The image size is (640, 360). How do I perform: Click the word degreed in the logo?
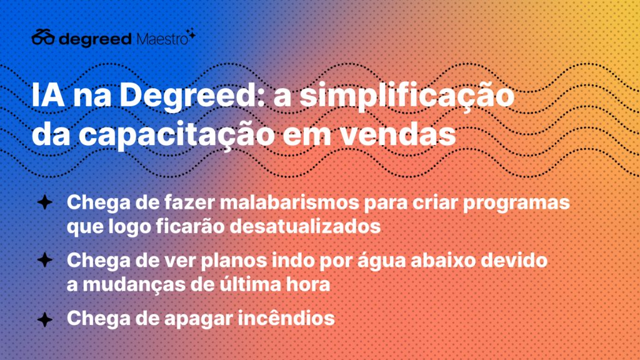coord(95,39)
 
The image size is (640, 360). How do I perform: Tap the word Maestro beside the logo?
coord(162,39)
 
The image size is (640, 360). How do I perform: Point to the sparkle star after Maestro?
coord(191,34)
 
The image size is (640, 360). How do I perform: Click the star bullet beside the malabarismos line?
coord(45,202)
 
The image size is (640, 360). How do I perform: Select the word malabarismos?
coord(289,202)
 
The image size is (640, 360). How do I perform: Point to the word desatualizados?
coord(305,226)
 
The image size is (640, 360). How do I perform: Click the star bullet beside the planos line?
coord(45,260)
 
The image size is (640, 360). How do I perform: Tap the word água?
coord(382,261)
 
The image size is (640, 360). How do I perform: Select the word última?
coord(250,284)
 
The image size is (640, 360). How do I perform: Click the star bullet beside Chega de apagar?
coord(45,319)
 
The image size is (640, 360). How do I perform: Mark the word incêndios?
coord(286,318)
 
